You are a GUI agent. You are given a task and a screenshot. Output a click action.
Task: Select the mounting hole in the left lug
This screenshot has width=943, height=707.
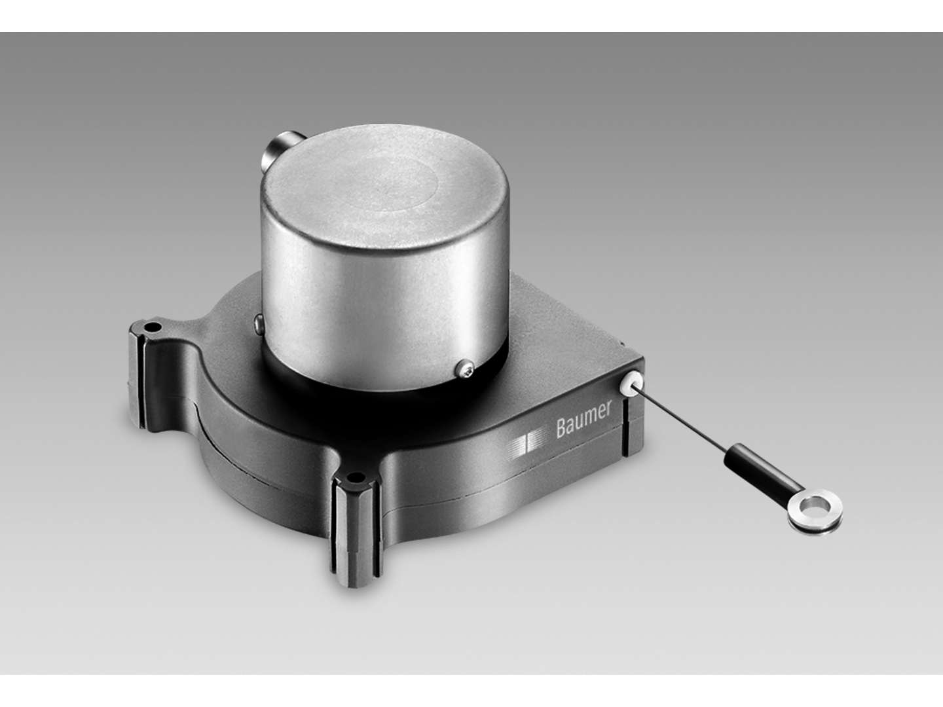[x=152, y=325]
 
